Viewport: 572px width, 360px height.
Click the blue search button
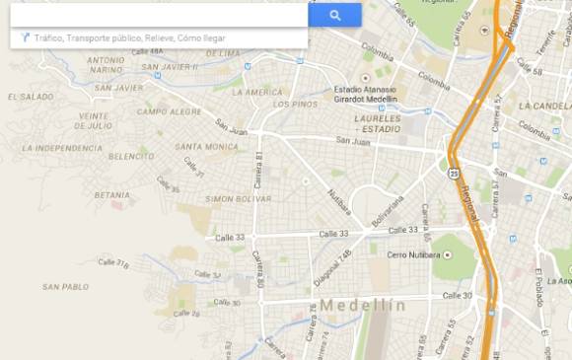pos(334,15)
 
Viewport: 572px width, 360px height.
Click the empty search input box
pos(158,15)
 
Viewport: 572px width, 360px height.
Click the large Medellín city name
pos(362,305)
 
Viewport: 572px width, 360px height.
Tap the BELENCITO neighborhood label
pos(131,156)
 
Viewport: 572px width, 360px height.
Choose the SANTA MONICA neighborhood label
pos(206,147)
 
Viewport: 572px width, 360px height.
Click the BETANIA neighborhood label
pos(111,194)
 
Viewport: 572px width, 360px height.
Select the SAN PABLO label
pos(65,287)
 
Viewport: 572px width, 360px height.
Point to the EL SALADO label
pos(30,97)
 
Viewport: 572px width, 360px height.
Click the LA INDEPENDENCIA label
pos(61,148)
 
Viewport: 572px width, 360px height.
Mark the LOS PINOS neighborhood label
pos(295,105)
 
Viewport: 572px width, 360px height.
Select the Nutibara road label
pos(339,201)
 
